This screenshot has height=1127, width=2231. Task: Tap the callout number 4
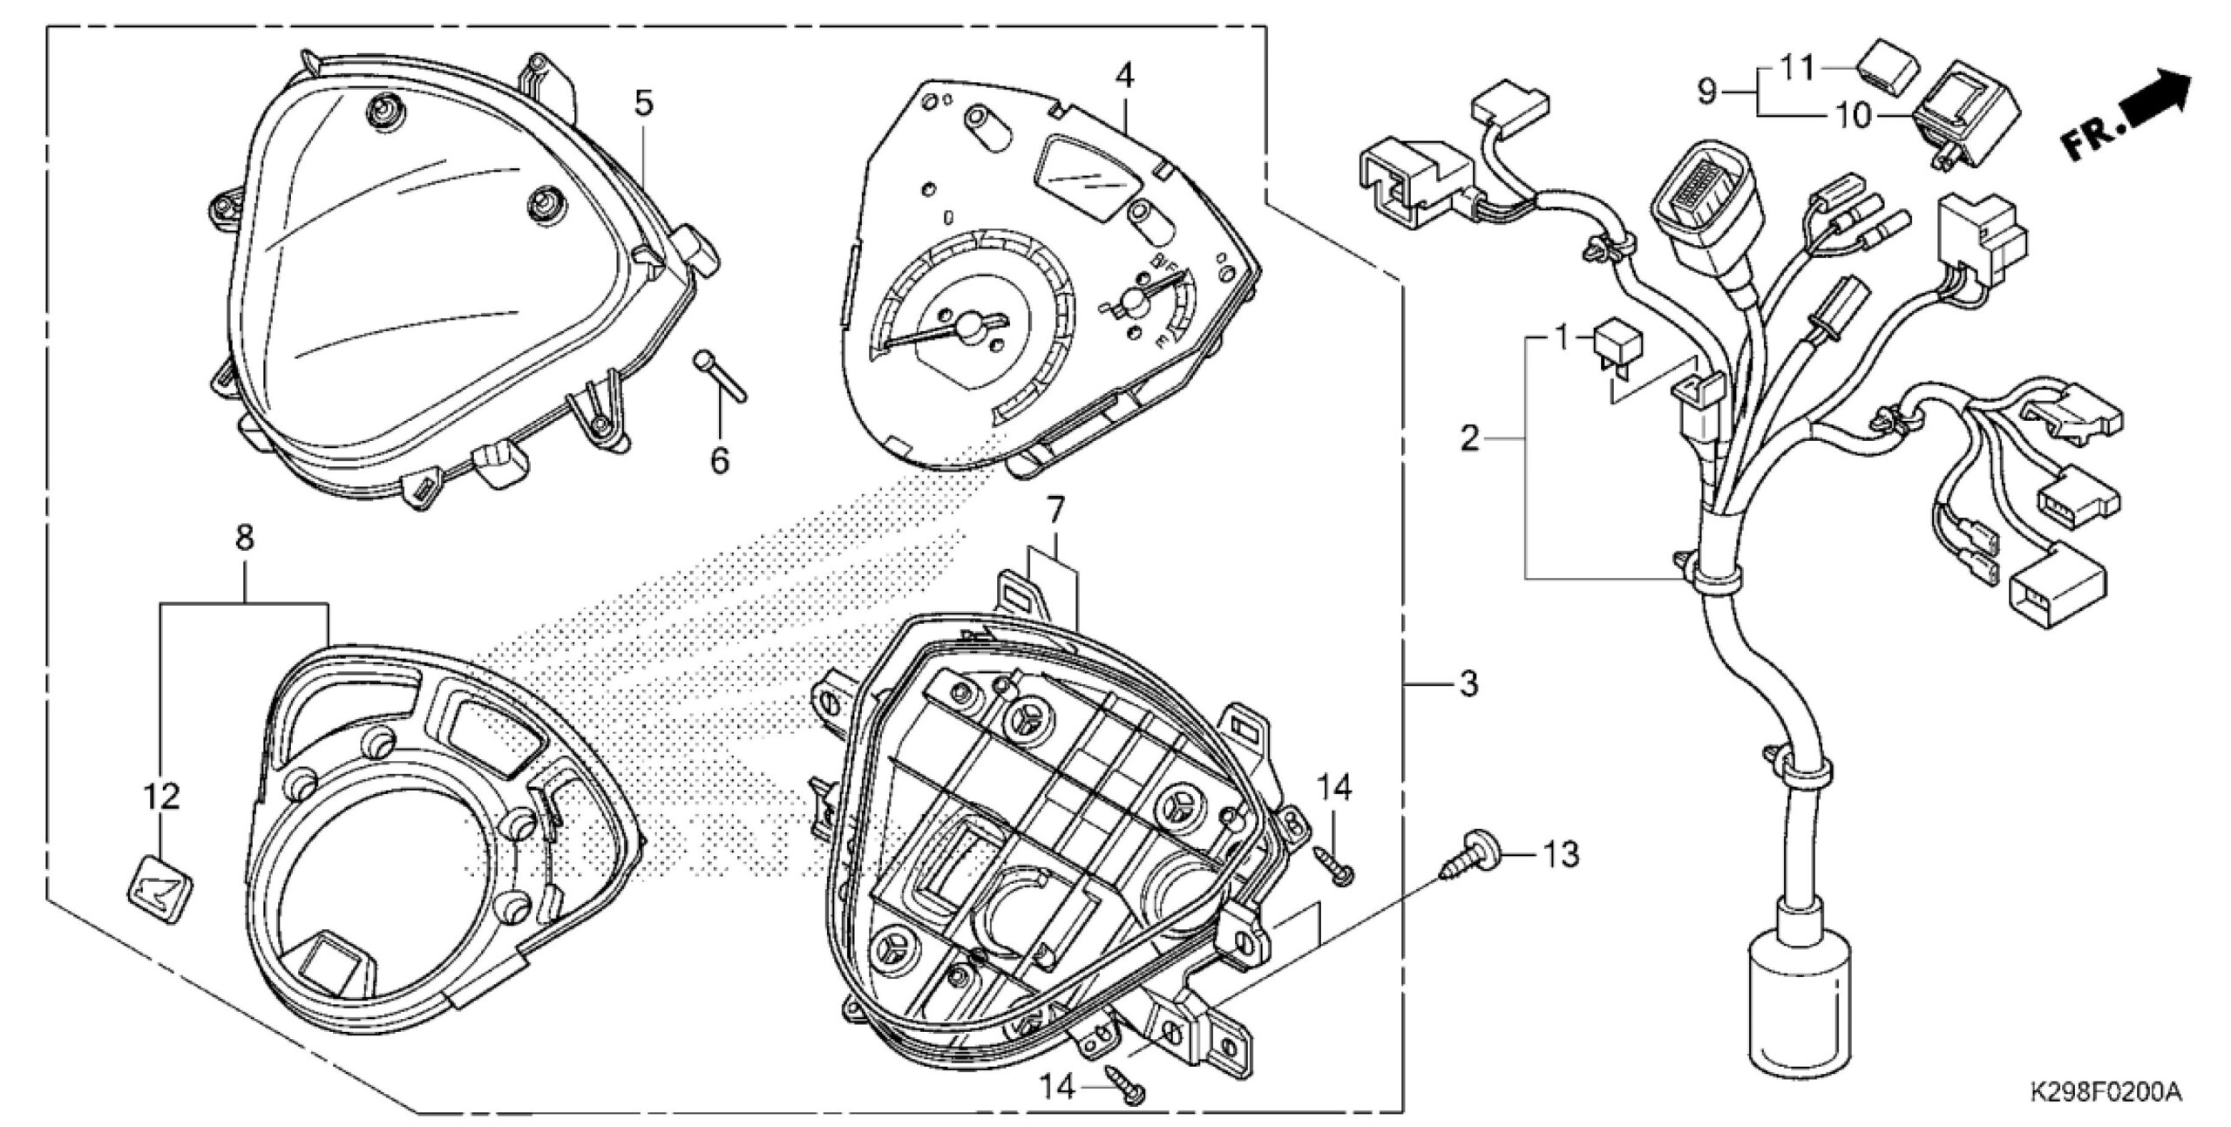pyautogui.click(x=1125, y=76)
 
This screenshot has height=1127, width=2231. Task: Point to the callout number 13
pyautogui.click(x=1560, y=854)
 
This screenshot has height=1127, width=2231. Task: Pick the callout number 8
pyautogui.click(x=245, y=538)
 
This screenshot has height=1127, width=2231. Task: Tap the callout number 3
pyautogui.click(x=1468, y=684)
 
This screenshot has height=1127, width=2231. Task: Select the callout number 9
pyautogui.click(x=1708, y=91)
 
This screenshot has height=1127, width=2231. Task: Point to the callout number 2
pyautogui.click(x=1470, y=438)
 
